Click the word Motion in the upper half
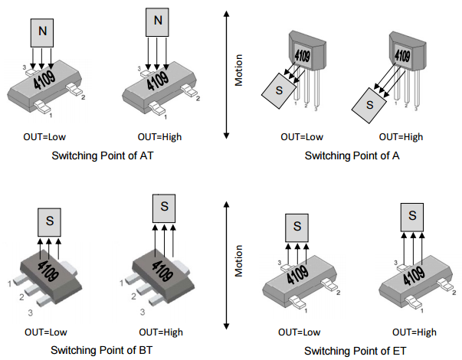238,70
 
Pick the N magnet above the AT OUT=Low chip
42,31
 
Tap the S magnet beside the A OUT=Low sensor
277,90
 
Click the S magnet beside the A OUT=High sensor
369,103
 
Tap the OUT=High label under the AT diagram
160,137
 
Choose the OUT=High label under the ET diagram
415,332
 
